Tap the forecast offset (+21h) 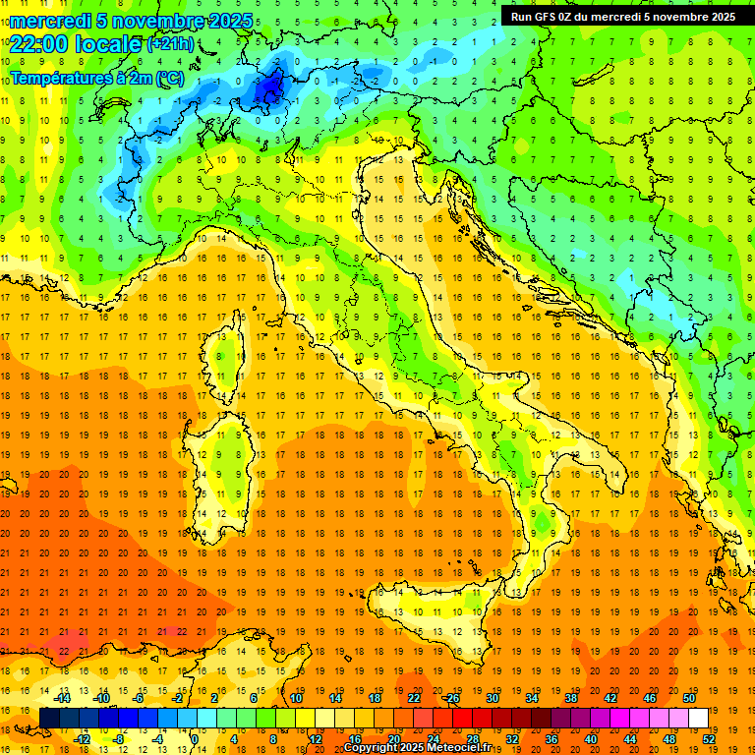pos(170,44)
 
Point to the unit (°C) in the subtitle pos(169,78)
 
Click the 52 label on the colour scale pos(709,738)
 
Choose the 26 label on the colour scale pos(452,698)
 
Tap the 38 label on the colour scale pos(570,698)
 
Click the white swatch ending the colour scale pos(698,718)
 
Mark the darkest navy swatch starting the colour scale pos(49,718)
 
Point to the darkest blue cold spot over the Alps pos(268,90)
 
